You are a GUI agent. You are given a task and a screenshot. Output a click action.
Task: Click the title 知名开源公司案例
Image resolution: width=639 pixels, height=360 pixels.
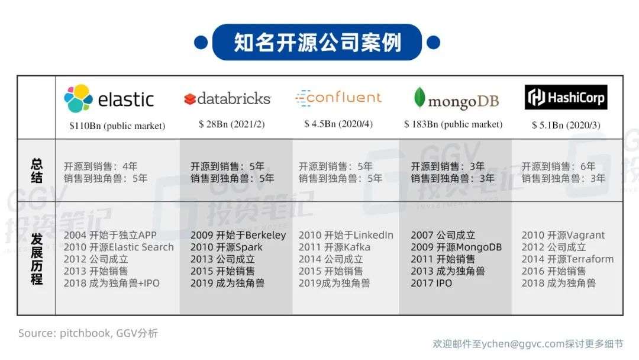click(x=318, y=43)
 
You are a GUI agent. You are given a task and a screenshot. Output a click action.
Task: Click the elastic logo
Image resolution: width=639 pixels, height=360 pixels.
click(x=109, y=99)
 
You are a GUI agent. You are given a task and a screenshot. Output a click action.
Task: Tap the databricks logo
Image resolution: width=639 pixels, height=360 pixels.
click(x=227, y=99)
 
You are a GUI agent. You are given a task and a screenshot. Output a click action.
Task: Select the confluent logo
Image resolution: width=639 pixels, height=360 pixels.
click(x=338, y=98)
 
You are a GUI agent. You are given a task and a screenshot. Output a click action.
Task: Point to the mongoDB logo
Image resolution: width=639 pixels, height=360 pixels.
click(x=456, y=99)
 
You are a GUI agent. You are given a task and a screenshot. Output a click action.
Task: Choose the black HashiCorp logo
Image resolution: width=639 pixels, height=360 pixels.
click(x=566, y=97)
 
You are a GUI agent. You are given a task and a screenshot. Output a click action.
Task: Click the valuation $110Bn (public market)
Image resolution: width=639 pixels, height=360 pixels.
click(x=117, y=126)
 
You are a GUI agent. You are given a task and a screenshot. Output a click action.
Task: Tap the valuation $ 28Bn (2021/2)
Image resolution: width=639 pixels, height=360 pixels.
click(x=231, y=124)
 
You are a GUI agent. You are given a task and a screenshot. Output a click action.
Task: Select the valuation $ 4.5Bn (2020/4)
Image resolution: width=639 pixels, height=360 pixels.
click(x=338, y=124)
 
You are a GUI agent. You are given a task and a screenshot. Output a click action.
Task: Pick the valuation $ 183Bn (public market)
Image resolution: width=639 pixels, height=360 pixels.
click(x=453, y=124)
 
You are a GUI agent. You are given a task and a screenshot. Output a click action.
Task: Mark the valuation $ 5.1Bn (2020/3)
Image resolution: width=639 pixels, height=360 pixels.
click(x=566, y=125)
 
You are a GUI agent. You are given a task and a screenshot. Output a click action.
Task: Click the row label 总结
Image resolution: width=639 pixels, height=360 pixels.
click(x=37, y=171)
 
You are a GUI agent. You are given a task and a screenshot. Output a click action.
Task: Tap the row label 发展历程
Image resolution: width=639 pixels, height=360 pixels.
click(x=37, y=259)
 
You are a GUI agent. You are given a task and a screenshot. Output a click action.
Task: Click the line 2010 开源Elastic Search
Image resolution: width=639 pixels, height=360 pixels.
click(x=118, y=247)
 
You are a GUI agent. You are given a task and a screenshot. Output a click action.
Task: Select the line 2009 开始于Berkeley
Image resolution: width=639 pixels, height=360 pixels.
click(x=238, y=235)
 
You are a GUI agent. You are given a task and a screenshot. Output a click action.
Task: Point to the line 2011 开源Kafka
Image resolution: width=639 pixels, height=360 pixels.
click(x=334, y=247)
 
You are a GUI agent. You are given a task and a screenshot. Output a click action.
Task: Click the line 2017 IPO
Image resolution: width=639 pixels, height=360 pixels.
click(x=431, y=283)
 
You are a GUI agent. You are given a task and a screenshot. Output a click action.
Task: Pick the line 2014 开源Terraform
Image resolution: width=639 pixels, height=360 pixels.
click(x=567, y=259)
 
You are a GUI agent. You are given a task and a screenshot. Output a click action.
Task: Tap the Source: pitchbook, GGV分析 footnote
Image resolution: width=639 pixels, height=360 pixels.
click(x=88, y=333)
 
